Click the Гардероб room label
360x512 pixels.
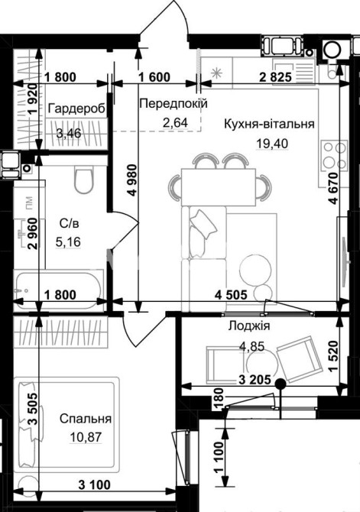(77, 109)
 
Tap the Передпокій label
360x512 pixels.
(174, 104)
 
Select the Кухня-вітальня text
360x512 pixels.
(269, 124)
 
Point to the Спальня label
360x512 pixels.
(86, 419)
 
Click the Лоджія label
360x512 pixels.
(249, 326)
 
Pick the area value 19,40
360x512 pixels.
(273, 143)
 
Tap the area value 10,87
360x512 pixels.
(86, 437)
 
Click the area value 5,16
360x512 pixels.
(68, 242)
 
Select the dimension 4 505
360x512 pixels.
(232, 295)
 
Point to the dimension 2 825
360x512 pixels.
(275, 77)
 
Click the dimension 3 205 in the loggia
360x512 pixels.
(255, 380)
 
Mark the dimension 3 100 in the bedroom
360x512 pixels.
(95, 484)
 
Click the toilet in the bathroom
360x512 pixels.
(84, 180)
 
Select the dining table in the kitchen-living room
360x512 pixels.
(219, 186)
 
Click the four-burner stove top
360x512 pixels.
(334, 155)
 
